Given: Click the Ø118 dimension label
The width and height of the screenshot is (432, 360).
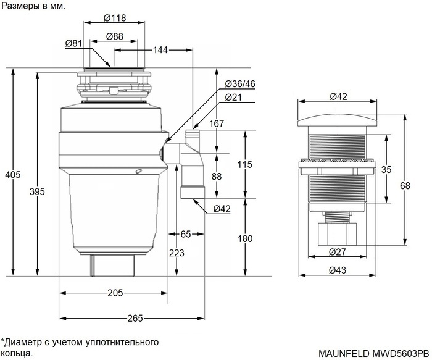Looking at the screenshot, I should click(115, 17).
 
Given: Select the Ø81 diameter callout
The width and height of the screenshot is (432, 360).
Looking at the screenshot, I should click(73, 43).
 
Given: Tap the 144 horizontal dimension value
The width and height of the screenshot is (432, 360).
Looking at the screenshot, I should click(160, 49).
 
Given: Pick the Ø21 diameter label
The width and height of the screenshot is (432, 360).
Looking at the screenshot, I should click(233, 97).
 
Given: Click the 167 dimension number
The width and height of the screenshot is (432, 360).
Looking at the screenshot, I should click(233, 124).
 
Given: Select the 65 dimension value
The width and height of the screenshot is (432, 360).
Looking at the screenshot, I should click(185, 234).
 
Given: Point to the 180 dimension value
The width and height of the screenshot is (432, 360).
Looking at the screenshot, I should click(246, 238).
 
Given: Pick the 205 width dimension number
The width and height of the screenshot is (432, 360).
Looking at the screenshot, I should click(114, 293).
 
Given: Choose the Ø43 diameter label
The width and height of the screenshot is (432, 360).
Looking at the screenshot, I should click(337, 270).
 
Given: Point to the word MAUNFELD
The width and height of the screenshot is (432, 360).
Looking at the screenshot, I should click(344, 354).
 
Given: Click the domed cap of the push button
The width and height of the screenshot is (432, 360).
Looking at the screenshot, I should click(337, 114).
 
